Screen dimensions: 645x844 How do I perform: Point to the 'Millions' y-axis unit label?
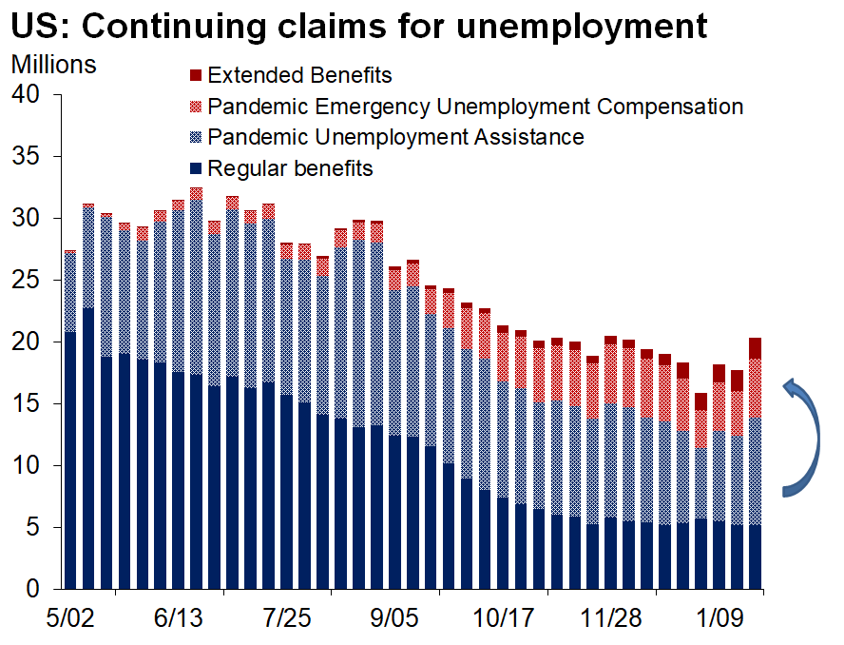click(x=53, y=65)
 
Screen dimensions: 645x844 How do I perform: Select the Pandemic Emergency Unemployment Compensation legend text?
click(x=475, y=106)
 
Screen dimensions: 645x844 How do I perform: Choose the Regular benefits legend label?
click(x=290, y=168)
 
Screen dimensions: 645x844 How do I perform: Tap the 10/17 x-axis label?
click(x=498, y=619)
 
